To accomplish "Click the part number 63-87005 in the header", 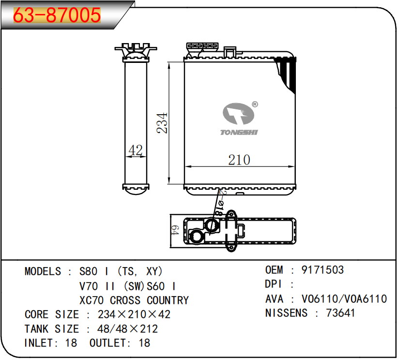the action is click(x=57, y=15).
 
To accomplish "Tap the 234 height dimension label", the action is click(x=162, y=123).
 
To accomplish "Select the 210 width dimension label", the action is click(x=239, y=160).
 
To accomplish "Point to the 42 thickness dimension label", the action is click(x=136, y=150).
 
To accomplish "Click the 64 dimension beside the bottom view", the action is click(x=175, y=230).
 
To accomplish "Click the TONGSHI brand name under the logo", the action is click(x=239, y=132).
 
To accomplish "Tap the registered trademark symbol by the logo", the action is click(x=255, y=105).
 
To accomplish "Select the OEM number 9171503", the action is click(x=323, y=270).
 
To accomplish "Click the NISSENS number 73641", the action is click(x=340, y=313).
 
